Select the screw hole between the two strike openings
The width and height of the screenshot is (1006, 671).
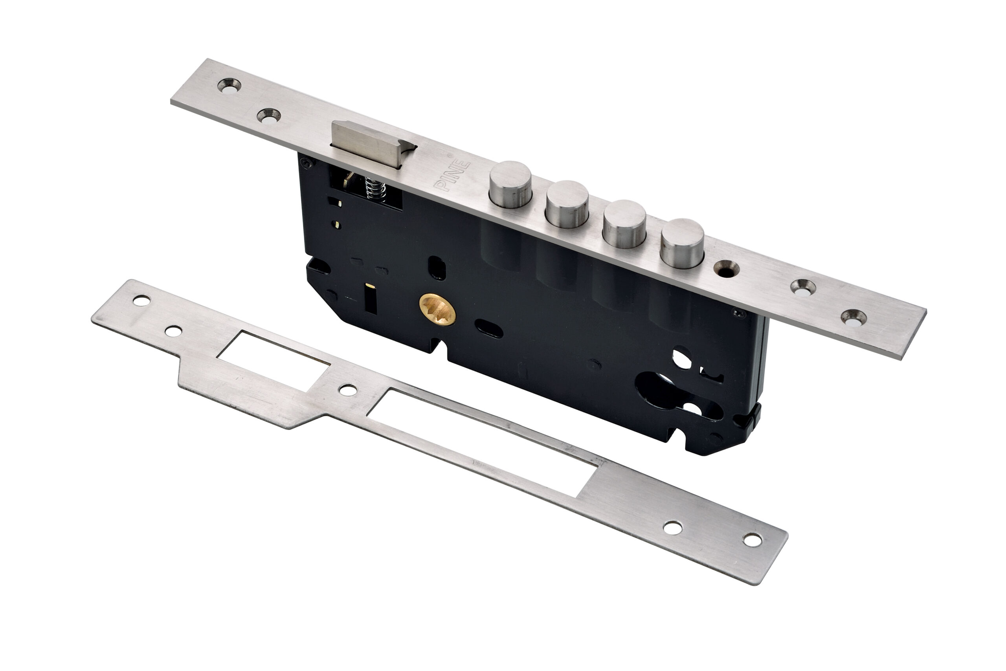click(x=348, y=390)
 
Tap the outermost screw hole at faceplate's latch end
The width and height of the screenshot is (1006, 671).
click(x=229, y=86)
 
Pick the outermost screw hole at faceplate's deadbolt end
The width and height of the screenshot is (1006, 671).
click(x=853, y=317)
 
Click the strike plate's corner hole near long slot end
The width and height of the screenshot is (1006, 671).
click(x=752, y=541)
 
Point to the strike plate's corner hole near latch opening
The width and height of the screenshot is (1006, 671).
click(x=142, y=301)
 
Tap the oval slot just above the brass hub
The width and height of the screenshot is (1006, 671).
click(x=437, y=268)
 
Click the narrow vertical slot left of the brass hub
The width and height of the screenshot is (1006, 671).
click(x=370, y=298)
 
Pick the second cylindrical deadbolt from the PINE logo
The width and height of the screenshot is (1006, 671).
click(x=567, y=203)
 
